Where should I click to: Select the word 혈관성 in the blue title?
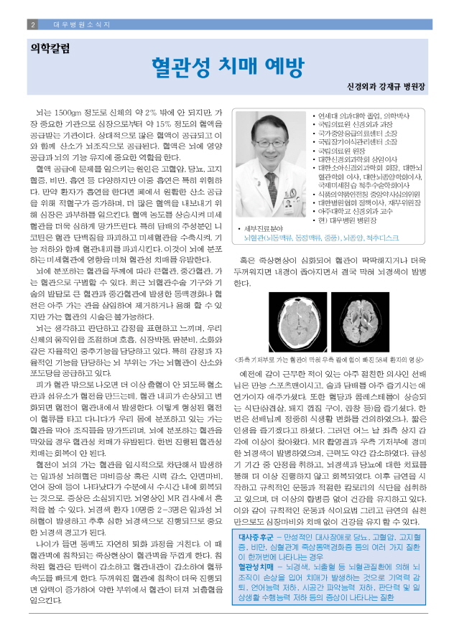click(180, 67)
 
